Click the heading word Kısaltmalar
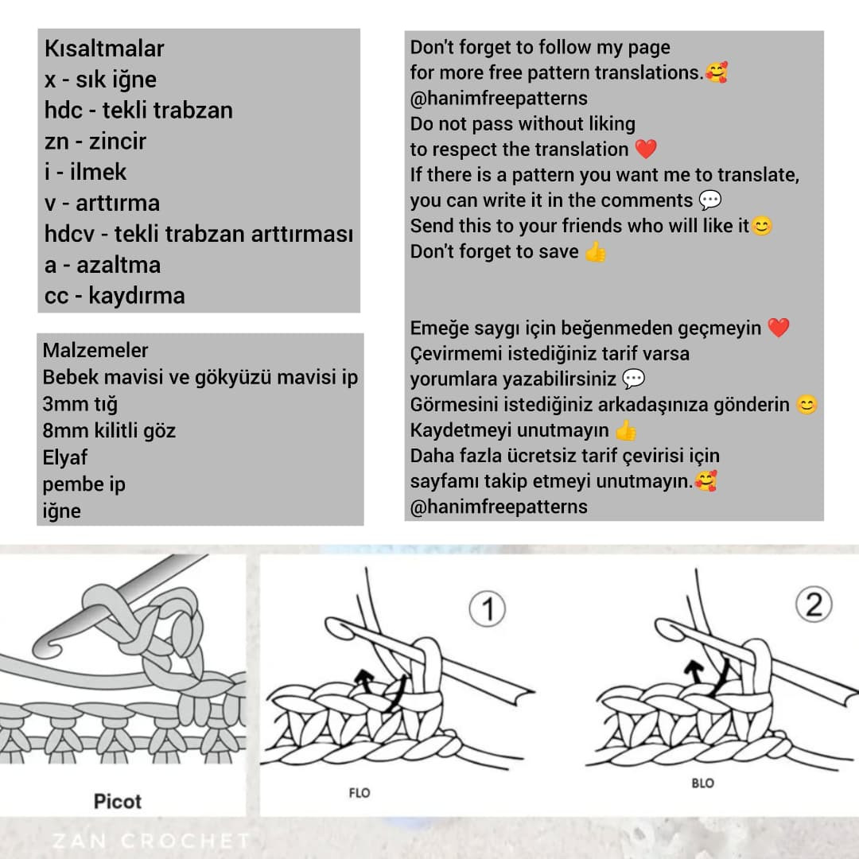[x=104, y=49]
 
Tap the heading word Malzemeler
[x=95, y=350]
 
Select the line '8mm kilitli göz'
[x=109, y=431]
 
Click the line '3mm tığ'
[x=80, y=404]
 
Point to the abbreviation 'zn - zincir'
[x=95, y=142]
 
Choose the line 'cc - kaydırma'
[x=115, y=296]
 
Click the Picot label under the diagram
[x=118, y=801]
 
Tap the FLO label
[x=360, y=793]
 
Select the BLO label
[x=702, y=783]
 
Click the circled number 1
[x=488, y=611]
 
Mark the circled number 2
[x=814, y=607]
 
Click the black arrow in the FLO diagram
[x=363, y=679]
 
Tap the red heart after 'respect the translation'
[x=646, y=150]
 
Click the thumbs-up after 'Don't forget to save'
[x=595, y=252]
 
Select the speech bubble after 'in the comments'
[x=709, y=200]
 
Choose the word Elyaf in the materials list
[x=64, y=457]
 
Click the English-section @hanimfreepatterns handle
[x=499, y=99]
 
